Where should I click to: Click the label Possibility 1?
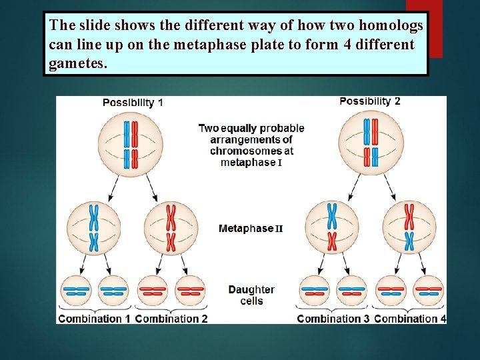[x=133, y=103]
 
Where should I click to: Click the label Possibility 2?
[x=370, y=101]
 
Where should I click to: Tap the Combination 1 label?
[x=94, y=319]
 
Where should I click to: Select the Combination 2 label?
[x=171, y=319]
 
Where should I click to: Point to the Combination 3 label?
[x=333, y=319]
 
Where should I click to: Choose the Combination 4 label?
[x=410, y=319]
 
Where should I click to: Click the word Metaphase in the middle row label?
[x=246, y=229]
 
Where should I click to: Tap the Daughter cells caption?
[x=251, y=295]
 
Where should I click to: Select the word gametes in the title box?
[x=77, y=65]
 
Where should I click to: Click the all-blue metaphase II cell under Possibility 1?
[x=94, y=228]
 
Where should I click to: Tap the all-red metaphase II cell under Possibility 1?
[x=171, y=228]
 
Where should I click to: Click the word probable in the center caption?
[x=281, y=128]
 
